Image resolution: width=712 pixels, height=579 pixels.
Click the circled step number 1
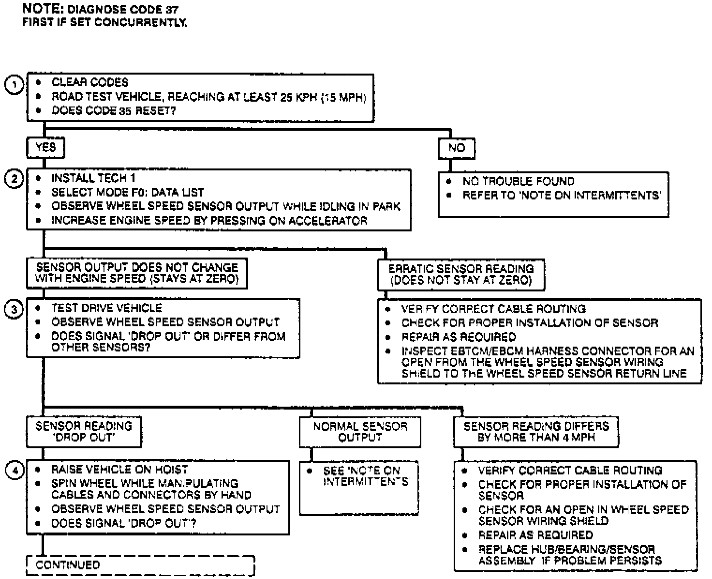[x=14, y=85]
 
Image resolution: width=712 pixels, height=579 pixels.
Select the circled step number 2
[x=14, y=180]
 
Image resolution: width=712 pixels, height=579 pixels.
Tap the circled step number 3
[x=14, y=310]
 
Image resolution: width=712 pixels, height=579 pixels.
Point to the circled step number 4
[x=14, y=471]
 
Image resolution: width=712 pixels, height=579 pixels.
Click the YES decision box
[x=45, y=148]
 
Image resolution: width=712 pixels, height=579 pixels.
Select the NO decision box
[x=456, y=148]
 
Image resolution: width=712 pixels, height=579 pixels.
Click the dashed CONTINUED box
[x=140, y=565]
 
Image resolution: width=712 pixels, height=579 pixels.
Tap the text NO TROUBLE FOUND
[x=518, y=182]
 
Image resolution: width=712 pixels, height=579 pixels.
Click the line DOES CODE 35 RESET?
[x=114, y=111]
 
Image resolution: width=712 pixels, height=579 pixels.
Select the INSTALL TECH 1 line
[x=93, y=178]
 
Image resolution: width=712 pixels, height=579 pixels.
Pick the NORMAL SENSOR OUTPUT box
[x=360, y=432]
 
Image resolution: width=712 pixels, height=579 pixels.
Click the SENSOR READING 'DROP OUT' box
[x=84, y=431]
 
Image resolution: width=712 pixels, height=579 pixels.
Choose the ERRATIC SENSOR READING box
[x=461, y=274]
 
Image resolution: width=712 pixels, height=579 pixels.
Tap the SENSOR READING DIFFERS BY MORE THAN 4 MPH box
[x=536, y=431]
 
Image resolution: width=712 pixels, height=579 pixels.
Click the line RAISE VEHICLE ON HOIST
[x=119, y=470]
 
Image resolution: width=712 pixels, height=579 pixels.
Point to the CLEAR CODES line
[x=90, y=82]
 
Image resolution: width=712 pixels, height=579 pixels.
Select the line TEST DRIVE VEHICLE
[x=106, y=308]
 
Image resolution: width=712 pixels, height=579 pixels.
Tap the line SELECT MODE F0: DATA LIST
[x=128, y=192]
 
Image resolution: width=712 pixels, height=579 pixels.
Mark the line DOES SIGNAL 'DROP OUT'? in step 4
[x=123, y=523]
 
